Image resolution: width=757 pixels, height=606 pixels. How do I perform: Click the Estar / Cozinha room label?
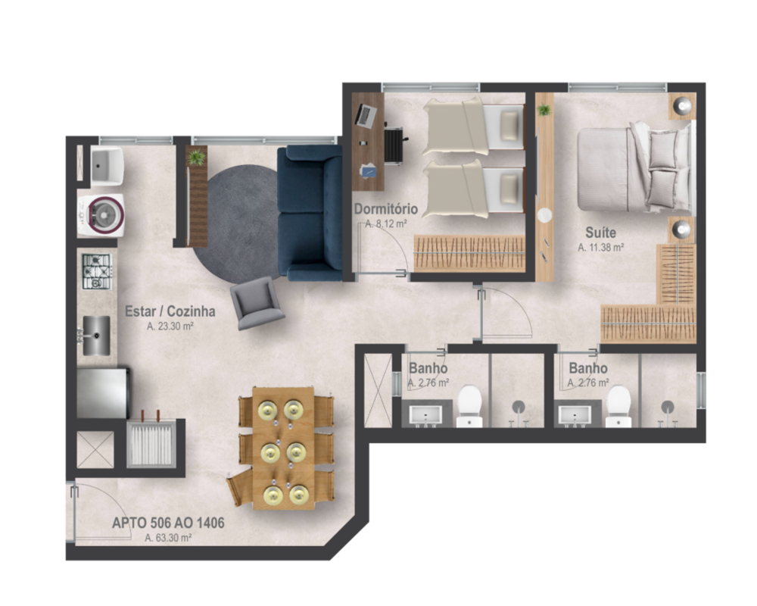point(170,311)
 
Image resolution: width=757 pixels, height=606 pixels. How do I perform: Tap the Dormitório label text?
point(385,209)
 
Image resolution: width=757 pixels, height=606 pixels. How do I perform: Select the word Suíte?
point(600,233)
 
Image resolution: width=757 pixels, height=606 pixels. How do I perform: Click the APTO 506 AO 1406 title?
point(168,523)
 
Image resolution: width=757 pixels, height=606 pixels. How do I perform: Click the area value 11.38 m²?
point(601,247)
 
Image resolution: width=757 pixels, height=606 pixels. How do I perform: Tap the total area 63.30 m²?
point(168,538)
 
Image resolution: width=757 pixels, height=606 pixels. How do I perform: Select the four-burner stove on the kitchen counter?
point(97,271)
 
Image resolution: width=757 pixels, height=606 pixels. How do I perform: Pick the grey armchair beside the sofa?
point(257,302)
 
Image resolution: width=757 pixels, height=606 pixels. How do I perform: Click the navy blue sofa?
point(310,213)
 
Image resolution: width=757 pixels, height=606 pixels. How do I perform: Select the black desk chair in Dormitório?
point(394,144)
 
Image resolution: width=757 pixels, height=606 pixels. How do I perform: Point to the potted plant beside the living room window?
point(197,158)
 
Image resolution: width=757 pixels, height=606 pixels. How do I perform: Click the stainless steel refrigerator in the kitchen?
point(102,392)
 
